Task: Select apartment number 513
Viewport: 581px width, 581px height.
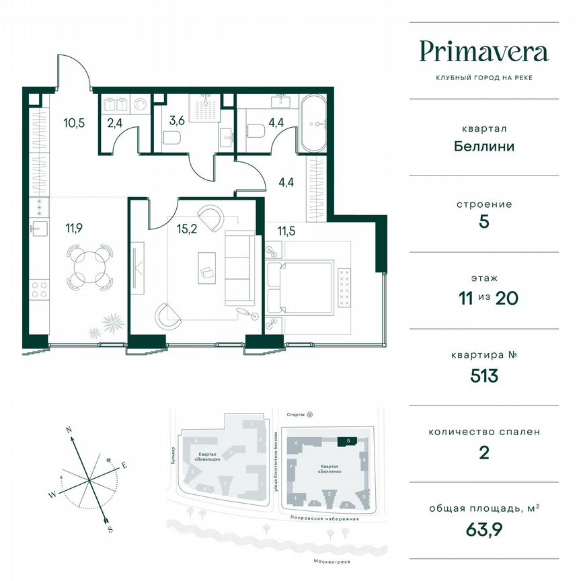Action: [483, 375]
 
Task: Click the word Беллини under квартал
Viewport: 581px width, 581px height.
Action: [483, 145]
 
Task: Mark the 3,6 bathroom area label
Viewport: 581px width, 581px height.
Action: [177, 121]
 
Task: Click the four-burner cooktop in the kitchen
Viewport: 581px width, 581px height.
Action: [40, 290]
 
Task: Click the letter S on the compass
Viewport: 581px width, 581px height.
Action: [110, 529]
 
